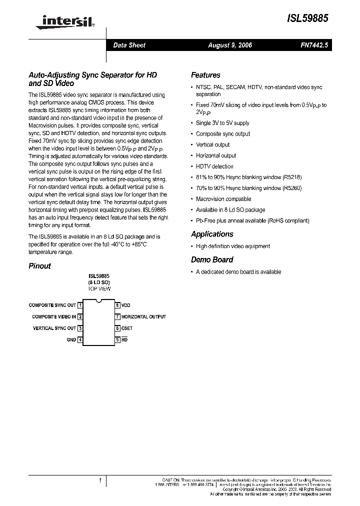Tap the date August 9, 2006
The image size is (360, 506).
230,45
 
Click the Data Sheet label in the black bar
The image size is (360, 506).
129,45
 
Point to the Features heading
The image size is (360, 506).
205,75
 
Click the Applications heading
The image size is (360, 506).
212,234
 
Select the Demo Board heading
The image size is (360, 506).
212,259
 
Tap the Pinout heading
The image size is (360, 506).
39,266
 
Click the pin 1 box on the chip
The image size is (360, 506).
80,305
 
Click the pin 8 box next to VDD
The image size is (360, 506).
117,305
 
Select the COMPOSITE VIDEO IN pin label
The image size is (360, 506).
54,316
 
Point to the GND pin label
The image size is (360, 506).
71,340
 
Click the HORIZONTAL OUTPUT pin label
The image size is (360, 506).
143,316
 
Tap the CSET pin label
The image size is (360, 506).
127,328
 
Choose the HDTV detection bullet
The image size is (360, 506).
214,166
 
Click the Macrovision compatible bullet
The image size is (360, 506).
223,199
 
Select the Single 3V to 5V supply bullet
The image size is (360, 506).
222,123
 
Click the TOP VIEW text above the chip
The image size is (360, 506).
99,288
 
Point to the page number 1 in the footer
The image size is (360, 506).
100,480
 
